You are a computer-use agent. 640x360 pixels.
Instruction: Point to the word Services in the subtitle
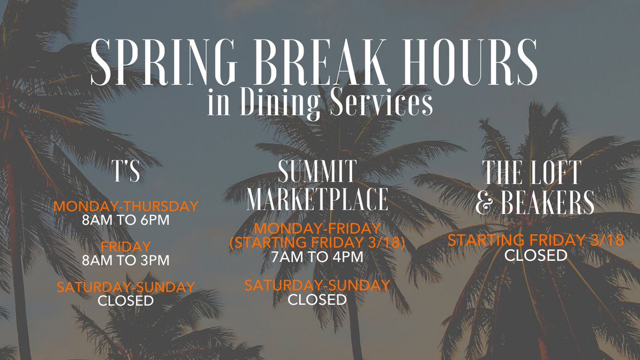tap(379, 103)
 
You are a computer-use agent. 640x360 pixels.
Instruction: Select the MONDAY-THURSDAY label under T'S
tap(126, 206)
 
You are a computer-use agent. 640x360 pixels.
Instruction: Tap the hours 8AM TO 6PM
tap(126, 219)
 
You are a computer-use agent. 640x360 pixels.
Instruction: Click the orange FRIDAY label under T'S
tap(126, 246)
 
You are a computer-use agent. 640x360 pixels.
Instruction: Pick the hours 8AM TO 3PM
tap(126, 260)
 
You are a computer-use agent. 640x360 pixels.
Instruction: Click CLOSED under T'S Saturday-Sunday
tap(126, 301)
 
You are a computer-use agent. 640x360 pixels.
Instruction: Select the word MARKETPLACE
tap(317, 199)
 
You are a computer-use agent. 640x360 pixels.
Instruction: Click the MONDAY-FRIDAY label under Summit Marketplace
tap(317, 229)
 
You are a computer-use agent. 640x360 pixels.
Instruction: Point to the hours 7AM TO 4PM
tap(317, 257)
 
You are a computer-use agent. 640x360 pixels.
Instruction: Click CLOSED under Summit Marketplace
tap(317, 299)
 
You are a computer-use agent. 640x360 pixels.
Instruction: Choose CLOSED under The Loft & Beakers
tap(536, 255)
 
